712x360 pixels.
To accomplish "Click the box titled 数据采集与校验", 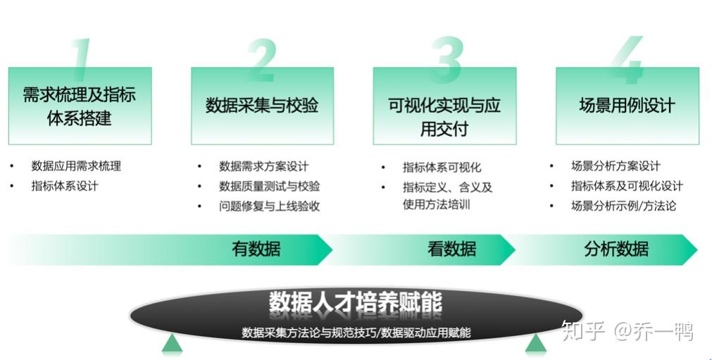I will pyautogui.click(x=262, y=106).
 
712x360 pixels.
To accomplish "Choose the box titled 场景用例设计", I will pyautogui.click(x=627, y=106).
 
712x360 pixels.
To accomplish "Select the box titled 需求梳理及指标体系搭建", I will pyautogui.click(x=80, y=106).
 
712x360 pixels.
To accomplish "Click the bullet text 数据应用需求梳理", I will pyautogui.click(x=76, y=166).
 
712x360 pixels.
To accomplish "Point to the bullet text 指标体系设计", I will pyautogui.click(x=65, y=186).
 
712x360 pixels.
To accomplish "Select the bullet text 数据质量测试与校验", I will pyautogui.click(x=269, y=187).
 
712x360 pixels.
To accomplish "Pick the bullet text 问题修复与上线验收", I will pyautogui.click(x=269, y=206).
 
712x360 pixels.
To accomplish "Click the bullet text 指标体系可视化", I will pyautogui.click(x=442, y=168).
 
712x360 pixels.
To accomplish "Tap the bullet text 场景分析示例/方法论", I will pyautogui.click(x=623, y=206).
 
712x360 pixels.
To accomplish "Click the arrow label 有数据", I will pyautogui.click(x=256, y=249).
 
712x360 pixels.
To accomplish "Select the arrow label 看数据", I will pyautogui.click(x=451, y=249).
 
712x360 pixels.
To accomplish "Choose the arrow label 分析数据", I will pyautogui.click(x=616, y=249).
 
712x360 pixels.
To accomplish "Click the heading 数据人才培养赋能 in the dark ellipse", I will pyautogui.click(x=356, y=302).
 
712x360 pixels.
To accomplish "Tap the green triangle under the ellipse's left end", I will pyautogui.click(x=172, y=344).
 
